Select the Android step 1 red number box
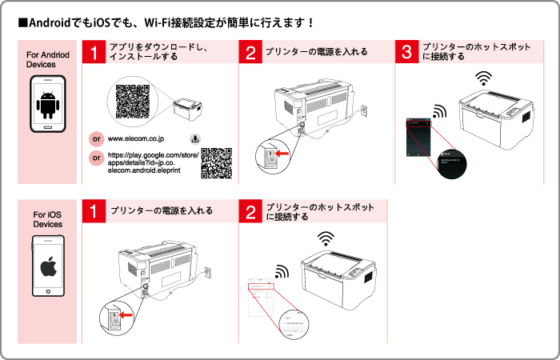point(94,53)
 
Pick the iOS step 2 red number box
point(251,212)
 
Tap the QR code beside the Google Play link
point(216,162)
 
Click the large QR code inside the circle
point(133,101)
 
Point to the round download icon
point(194,138)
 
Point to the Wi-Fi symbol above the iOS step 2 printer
point(324,238)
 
